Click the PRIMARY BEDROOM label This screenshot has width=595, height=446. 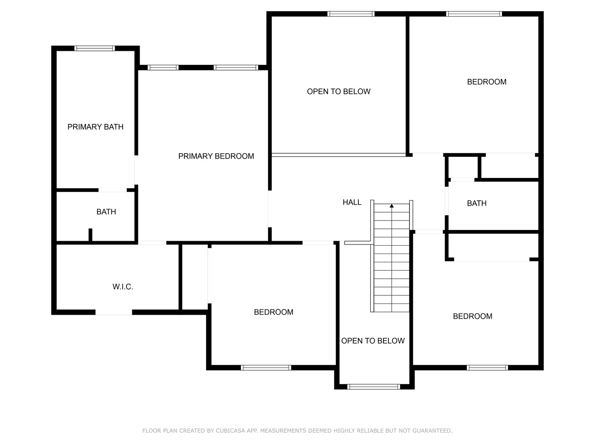216,156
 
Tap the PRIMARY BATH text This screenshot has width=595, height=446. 95,127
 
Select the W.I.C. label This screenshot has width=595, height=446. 123,287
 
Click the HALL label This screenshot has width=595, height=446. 352,202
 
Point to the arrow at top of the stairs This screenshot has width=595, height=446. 392,206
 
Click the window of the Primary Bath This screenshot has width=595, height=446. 95,48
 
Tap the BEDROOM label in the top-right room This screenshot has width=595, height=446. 486,82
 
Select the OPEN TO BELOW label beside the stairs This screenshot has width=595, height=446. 373,341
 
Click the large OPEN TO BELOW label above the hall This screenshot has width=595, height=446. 338,92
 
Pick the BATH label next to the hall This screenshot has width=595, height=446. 476,203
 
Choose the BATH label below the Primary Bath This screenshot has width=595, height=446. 106,212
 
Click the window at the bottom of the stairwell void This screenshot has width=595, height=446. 374,387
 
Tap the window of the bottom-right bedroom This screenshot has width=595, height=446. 487,368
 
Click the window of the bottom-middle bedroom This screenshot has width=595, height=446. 266,368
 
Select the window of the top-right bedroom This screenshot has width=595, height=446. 474,14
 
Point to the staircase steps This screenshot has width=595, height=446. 391,264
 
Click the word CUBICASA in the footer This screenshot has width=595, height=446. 231,431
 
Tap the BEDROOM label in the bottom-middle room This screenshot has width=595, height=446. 274,312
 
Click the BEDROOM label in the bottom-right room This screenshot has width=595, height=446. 472,316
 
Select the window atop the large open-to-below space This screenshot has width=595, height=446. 351,14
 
